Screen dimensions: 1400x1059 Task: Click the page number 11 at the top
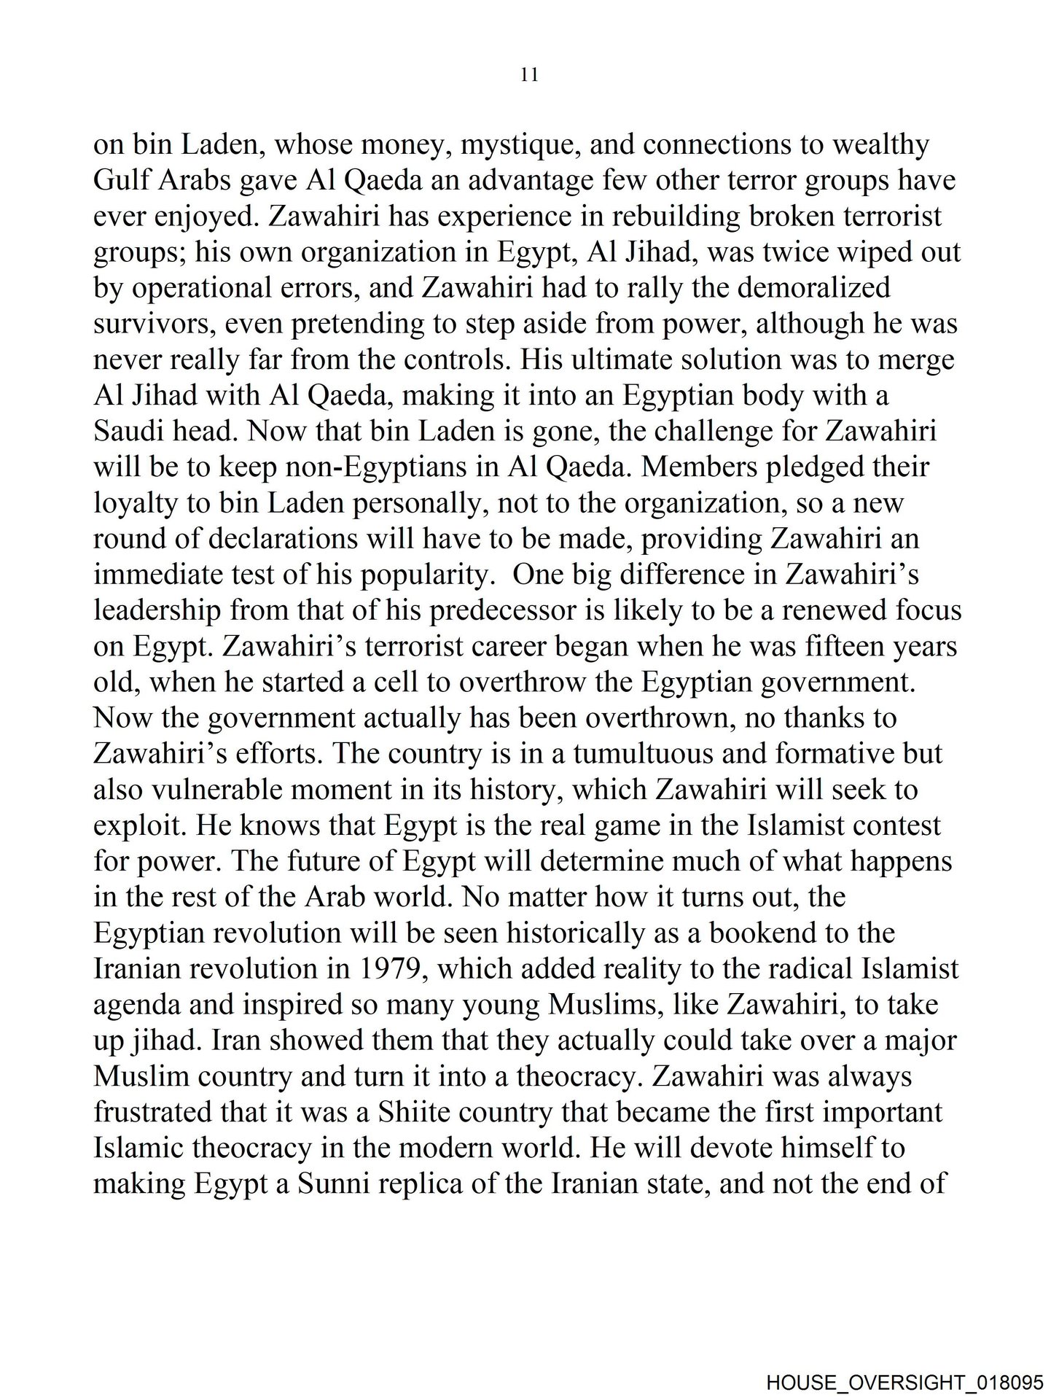coord(530,74)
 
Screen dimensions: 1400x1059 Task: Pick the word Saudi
coord(125,432)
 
